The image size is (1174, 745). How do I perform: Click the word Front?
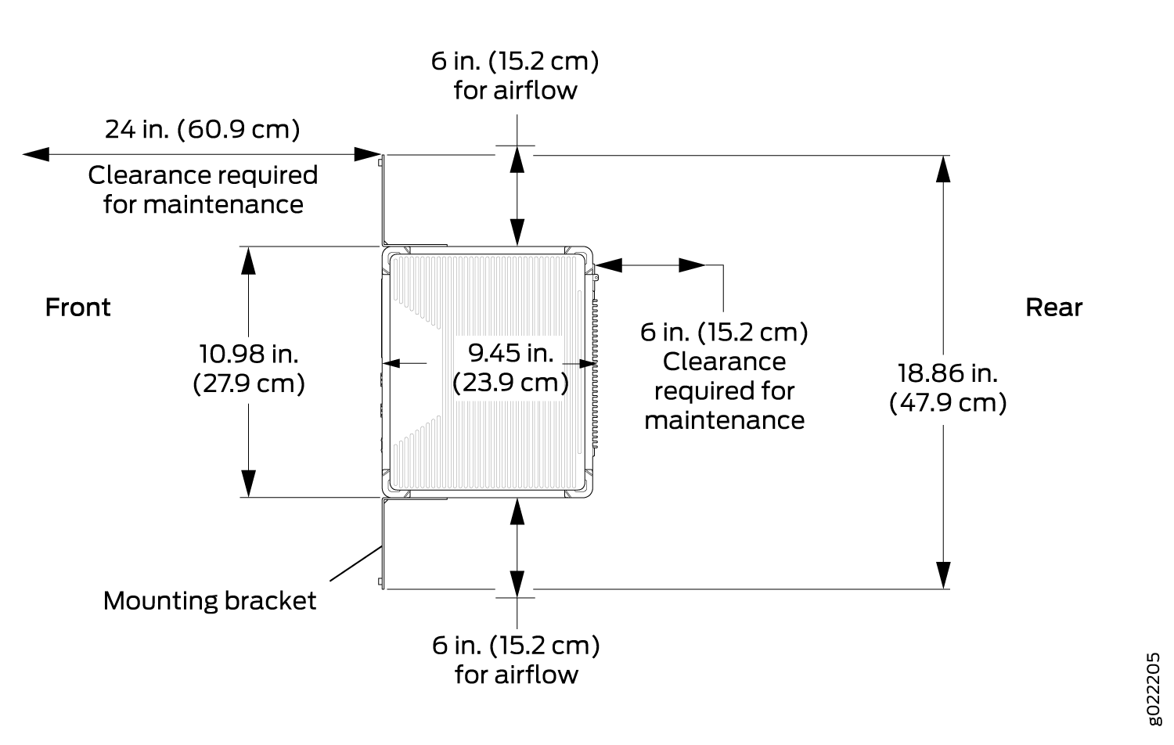point(77,307)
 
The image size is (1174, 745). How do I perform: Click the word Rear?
point(1053,307)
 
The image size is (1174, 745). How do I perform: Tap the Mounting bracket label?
point(210,600)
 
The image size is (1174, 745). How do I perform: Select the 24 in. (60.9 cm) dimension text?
point(202,129)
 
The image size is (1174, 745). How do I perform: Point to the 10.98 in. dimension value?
point(248,354)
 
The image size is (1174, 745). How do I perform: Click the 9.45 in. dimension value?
point(510,353)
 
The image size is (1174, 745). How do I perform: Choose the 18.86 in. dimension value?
point(948,373)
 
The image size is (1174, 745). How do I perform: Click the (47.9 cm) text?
point(948,403)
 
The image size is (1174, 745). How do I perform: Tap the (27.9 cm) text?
point(248,383)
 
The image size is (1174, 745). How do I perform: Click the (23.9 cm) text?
point(510,383)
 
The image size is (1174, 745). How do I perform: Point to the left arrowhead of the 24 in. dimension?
point(36,154)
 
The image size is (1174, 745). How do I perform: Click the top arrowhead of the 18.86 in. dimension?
point(943,169)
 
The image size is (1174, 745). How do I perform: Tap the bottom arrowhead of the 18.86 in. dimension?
point(943,575)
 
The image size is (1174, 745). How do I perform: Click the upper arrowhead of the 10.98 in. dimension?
point(248,261)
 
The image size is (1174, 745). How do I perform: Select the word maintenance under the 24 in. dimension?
point(203,204)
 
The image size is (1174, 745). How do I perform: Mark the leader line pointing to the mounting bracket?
point(355,563)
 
